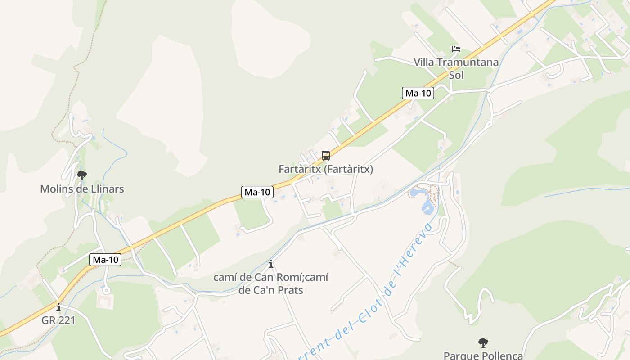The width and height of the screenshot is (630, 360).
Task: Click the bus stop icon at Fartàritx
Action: pos(326,156)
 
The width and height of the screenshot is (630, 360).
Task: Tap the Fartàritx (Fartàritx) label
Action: pos(326,170)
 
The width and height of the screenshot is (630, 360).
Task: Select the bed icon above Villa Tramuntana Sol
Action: pos(456,49)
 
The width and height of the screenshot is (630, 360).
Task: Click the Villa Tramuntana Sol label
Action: pos(456,68)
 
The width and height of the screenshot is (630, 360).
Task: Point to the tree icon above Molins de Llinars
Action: pos(81,175)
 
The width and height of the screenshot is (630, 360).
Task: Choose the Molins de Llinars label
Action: pos(82,189)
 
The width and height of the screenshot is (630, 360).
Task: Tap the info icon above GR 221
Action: pos(58,307)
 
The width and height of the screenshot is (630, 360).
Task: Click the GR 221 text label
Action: pos(58,320)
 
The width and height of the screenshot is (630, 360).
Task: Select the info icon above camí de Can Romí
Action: pos(271,264)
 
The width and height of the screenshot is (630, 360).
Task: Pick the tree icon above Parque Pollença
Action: pos(483,343)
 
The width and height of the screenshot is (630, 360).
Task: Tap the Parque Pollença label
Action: pos(483,355)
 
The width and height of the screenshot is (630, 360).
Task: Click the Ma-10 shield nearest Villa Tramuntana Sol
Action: pos(418,94)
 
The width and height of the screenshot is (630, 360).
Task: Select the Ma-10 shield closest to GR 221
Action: pos(106,260)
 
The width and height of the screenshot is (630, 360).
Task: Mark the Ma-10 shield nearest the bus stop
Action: pos(257,192)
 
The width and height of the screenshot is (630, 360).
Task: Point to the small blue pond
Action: pos(426,206)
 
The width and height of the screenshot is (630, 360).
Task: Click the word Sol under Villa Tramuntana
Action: pos(456,75)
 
